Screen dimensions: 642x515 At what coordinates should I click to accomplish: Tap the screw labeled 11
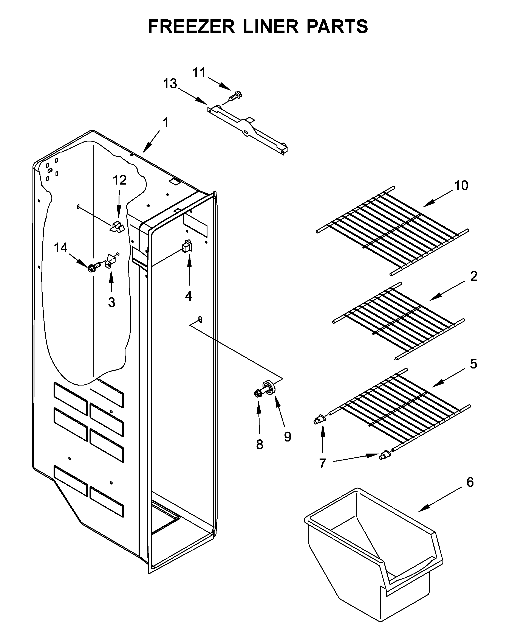click(x=235, y=96)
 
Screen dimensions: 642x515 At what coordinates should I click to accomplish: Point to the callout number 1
click(x=165, y=123)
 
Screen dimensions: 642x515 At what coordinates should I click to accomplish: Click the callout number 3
click(x=111, y=303)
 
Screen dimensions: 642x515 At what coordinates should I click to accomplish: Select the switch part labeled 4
click(x=187, y=247)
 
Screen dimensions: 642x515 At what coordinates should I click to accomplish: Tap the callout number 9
click(x=287, y=437)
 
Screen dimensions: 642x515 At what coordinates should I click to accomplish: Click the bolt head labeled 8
click(x=257, y=394)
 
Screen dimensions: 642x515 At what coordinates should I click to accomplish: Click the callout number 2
click(x=474, y=276)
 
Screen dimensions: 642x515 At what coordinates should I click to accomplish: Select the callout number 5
click(x=473, y=364)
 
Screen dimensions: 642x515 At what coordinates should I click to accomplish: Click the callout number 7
click(x=323, y=463)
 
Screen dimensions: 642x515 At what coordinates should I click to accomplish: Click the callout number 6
click(x=470, y=482)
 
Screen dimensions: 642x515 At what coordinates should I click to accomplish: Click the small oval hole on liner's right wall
click(x=200, y=319)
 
